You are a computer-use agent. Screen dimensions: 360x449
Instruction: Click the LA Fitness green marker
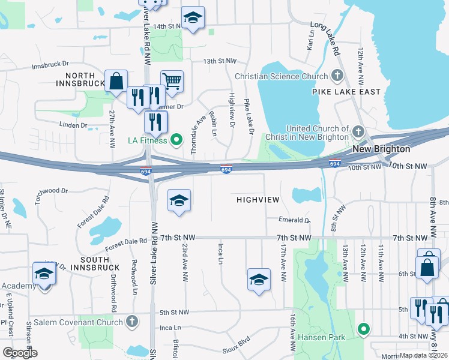pos(176,141)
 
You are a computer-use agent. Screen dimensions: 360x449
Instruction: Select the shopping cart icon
pos(172,80)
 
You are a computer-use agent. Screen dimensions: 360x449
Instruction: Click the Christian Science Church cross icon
pos(337,76)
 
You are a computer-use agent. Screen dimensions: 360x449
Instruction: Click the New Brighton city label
pos(381,149)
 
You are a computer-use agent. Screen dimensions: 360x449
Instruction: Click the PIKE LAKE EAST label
pos(346,92)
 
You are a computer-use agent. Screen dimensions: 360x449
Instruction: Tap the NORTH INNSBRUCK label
pos(85,79)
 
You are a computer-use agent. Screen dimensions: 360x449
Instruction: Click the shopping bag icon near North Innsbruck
pos(116,80)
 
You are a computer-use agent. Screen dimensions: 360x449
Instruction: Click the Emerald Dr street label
pos(294,220)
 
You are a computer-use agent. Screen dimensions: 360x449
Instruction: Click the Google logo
pos(20,353)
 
